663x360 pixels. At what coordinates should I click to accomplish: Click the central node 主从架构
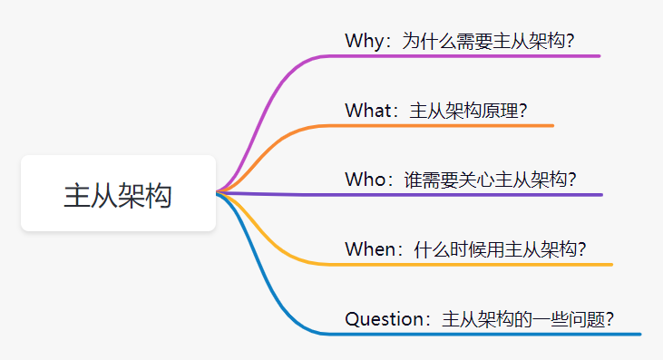pyautogui.click(x=119, y=193)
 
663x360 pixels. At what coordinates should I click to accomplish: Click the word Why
pyautogui.click(x=365, y=42)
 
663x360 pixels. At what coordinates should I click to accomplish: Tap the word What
pyautogui.click(x=368, y=111)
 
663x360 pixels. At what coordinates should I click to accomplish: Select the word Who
pyautogui.click(x=365, y=180)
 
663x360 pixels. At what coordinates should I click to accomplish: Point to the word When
pyautogui.click(x=370, y=248)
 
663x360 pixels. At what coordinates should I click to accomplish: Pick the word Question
pyautogui.click(x=384, y=319)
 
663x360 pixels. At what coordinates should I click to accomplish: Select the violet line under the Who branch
pyautogui.click(x=409, y=194)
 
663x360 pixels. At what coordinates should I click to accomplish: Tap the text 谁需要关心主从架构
pyautogui.click(x=485, y=180)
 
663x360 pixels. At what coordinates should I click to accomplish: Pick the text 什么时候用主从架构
pyautogui.click(x=495, y=248)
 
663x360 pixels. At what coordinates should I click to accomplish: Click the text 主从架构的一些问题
pyautogui.click(x=523, y=319)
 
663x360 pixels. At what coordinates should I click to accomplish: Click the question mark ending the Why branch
pyautogui.click(x=570, y=42)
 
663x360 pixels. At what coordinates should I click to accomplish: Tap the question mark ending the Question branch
pyautogui.click(x=609, y=319)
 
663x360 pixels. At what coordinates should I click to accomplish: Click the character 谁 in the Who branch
pyautogui.click(x=413, y=180)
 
